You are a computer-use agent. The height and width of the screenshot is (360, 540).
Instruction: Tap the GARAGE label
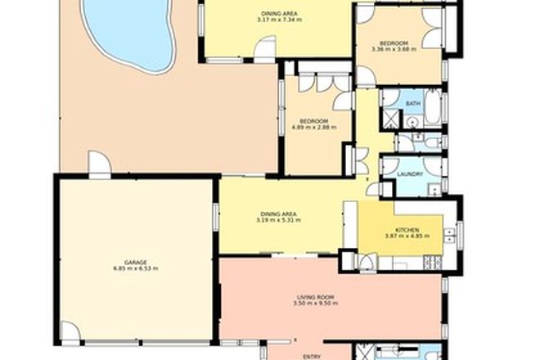coord(136,262)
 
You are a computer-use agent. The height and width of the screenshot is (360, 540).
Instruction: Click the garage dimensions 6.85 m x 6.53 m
coord(136,268)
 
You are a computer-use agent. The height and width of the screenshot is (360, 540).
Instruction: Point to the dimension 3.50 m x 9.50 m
coord(315,304)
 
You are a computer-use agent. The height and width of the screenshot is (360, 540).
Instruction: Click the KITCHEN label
coord(407,230)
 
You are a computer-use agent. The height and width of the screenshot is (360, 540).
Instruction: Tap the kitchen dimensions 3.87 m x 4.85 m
coord(407,237)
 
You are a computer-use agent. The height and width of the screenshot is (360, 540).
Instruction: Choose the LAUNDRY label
coord(409,174)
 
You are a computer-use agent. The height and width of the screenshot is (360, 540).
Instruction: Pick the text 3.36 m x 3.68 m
coord(394,49)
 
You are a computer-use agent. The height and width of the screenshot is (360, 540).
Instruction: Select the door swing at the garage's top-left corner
coord(99,164)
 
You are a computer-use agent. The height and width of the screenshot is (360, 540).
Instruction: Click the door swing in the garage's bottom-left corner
coord(70,332)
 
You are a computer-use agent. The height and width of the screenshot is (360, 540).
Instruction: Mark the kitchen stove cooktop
coord(432,263)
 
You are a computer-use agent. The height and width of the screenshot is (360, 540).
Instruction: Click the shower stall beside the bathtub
coord(389,121)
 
